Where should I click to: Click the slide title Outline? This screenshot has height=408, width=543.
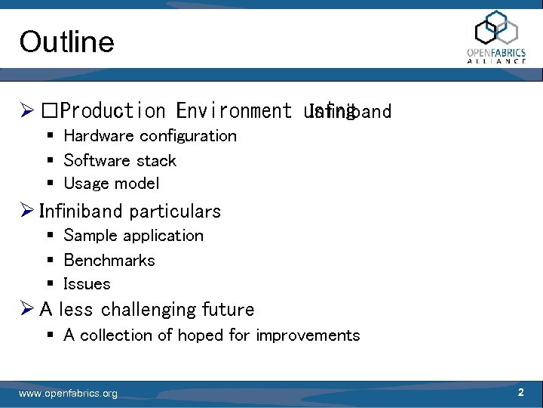tap(66, 42)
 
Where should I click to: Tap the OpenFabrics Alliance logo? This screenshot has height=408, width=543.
tap(496, 37)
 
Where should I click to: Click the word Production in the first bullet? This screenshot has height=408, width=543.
tap(112, 111)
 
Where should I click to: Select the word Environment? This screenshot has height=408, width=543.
tap(233, 111)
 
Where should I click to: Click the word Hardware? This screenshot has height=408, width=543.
tap(99, 136)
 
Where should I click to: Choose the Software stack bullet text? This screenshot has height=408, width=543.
tap(120, 160)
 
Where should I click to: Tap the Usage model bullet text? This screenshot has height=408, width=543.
tap(112, 184)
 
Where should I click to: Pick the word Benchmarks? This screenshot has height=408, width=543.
tap(109, 260)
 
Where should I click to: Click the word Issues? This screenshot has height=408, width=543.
tap(87, 284)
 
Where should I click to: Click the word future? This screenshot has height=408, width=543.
tap(229, 310)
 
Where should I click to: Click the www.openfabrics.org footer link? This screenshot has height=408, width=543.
tap(68, 394)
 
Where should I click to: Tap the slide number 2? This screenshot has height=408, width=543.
tap(520, 393)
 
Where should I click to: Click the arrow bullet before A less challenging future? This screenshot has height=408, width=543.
tap(27, 310)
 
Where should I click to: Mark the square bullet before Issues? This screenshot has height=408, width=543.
tap(49, 285)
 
